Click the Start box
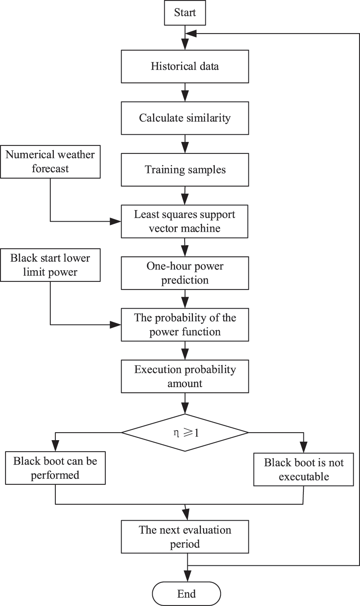click(185, 13)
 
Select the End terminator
click(186, 594)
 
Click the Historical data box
click(185, 66)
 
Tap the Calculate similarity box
click(185, 118)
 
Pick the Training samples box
click(185, 170)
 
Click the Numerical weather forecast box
click(50, 161)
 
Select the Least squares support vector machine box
click(185, 221)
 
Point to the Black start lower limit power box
click(50, 265)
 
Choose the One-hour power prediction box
click(185, 273)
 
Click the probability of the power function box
click(185, 325)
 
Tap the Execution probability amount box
click(185, 376)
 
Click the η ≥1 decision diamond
click(185, 433)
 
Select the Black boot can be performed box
click(55, 468)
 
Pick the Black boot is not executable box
click(304, 470)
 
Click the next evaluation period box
click(185, 537)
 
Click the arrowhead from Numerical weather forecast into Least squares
click(116, 221)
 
